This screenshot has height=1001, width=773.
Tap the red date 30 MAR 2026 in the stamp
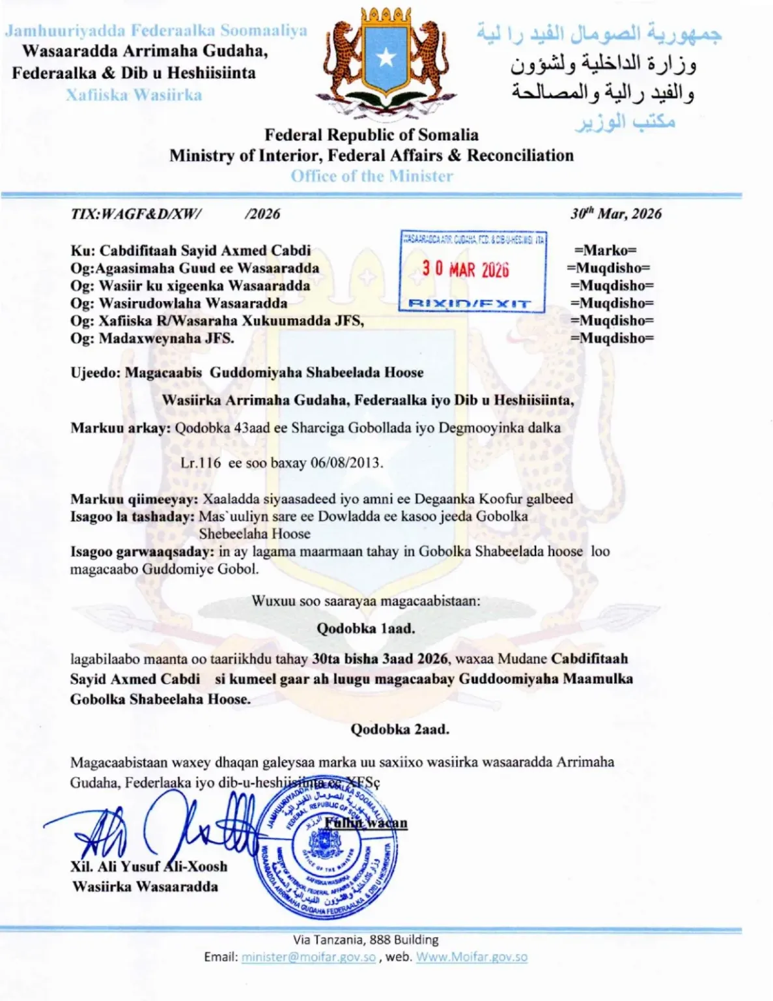465,268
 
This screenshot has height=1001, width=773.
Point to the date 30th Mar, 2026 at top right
615,214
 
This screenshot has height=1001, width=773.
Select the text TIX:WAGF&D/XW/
136,214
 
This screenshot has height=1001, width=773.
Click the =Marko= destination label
606,250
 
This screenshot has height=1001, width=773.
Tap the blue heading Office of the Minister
372,176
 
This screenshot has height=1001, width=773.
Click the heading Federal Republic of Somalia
371,135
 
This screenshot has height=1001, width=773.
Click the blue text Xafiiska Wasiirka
134,95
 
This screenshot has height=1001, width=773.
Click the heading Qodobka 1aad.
365,629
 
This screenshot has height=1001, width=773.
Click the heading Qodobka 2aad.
399,729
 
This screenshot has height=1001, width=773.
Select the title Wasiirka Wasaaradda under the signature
145,886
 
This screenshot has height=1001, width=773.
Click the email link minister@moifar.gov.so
309,957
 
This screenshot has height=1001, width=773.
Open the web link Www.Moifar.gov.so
471,957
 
